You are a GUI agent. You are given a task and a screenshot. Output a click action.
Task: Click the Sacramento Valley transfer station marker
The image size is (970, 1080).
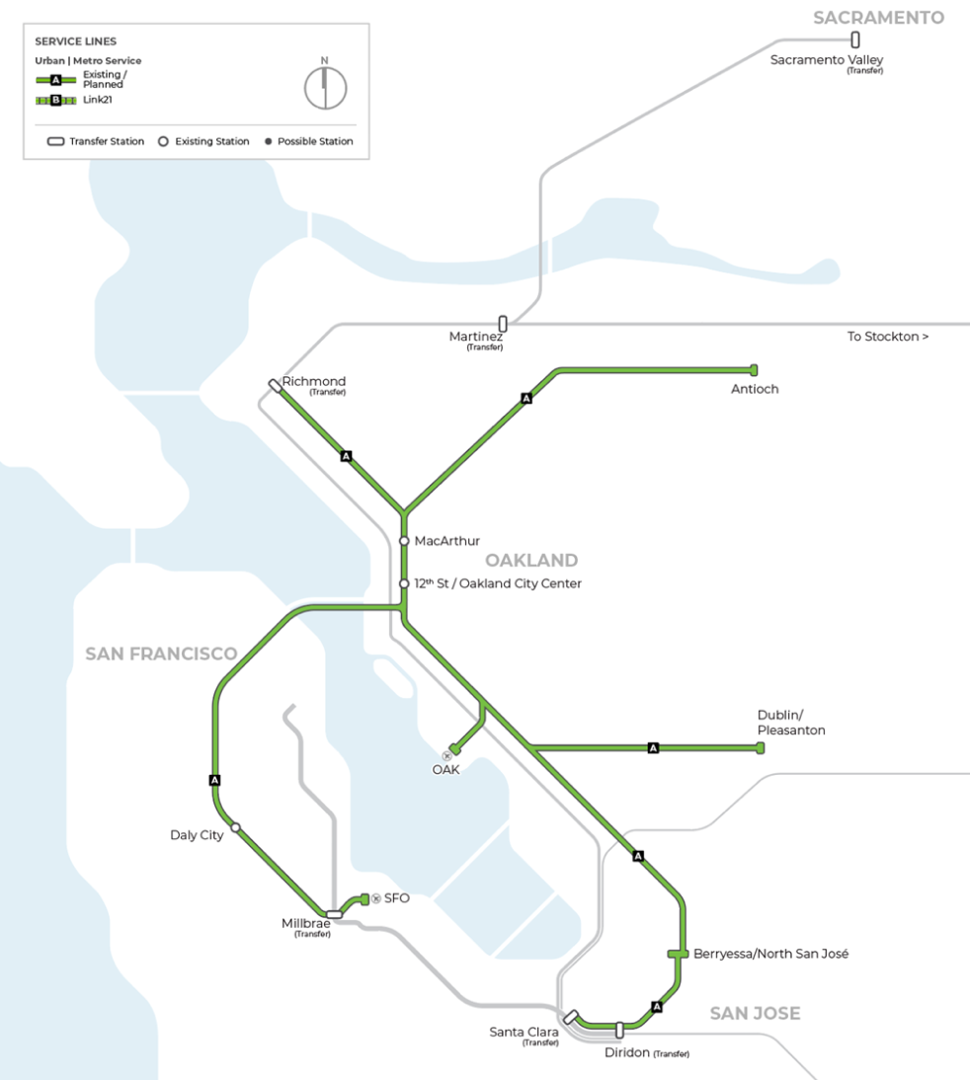click(x=855, y=40)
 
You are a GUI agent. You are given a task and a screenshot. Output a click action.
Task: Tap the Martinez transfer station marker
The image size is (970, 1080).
click(x=503, y=323)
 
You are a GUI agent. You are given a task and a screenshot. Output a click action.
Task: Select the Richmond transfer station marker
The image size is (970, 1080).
click(x=275, y=386)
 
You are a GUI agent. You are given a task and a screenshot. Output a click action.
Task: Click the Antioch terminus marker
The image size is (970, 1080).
click(x=754, y=369)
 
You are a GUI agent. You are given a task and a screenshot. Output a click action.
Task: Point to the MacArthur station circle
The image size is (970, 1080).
click(x=404, y=541)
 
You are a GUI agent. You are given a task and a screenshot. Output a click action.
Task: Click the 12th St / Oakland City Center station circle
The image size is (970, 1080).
click(x=404, y=583)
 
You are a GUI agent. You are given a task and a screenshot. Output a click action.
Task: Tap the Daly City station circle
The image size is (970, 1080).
click(x=235, y=827)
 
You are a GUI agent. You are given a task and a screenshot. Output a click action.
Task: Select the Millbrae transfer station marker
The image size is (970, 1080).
click(x=334, y=914)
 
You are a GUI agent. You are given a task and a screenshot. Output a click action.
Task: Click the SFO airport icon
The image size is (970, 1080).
click(x=375, y=898)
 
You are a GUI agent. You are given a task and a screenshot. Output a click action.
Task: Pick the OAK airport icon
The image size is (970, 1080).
click(x=446, y=756)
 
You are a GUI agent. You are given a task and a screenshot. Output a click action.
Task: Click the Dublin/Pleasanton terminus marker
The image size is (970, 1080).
click(x=760, y=748)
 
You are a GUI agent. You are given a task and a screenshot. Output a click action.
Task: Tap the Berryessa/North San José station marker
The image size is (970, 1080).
click(x=678, y=954)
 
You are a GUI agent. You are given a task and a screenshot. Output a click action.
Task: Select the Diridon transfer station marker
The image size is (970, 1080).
click(x=619, y=1030)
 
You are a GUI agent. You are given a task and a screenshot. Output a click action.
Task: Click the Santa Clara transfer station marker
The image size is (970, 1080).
click(x=570, y=1017)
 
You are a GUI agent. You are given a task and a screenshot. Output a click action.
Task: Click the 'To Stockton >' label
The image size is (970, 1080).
click(x=887, y=337)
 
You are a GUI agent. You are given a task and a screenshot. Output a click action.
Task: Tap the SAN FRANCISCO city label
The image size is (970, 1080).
click(x=161, y=654)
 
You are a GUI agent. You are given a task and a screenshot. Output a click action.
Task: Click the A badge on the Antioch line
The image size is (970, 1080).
click(x=526, y=399)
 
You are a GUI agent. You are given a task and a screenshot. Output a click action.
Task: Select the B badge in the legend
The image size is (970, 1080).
click(x=56, y=101)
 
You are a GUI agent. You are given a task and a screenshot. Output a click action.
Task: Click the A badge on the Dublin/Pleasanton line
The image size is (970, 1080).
click(x=653, y=748)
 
